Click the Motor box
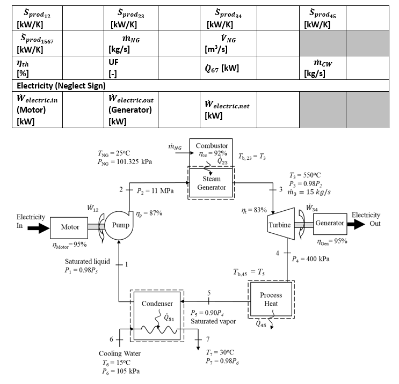[70, 227]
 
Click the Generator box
[329, 223]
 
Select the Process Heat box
[271, 299]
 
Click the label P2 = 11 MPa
[154, 190]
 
